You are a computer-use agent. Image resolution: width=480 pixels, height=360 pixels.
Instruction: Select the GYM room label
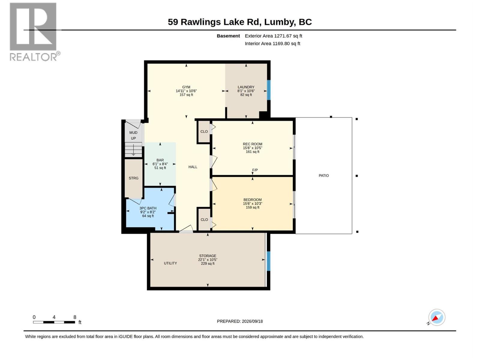(186, 87)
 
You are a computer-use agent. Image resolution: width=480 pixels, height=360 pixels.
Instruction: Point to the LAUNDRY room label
(246, 87)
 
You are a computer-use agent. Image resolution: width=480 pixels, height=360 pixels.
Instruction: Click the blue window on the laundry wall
(269, 90)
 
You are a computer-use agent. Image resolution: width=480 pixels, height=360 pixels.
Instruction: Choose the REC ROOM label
(253, 144)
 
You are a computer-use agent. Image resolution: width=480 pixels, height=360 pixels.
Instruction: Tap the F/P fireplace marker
(255, 170)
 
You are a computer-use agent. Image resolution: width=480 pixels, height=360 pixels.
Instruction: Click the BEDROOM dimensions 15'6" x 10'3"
(253, 203)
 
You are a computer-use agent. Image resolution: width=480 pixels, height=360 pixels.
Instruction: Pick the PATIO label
(324, 175)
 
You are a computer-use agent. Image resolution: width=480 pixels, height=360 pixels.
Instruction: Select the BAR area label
(160, 160)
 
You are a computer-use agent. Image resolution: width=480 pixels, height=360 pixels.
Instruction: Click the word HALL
(193, 167)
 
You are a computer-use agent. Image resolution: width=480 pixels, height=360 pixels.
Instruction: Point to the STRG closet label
(133, 178)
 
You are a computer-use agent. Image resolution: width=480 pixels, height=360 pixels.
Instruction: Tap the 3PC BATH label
(148, 208)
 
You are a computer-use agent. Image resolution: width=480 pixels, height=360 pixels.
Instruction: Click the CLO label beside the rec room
(204, 132)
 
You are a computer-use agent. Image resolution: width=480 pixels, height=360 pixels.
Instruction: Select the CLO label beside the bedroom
(204, 220)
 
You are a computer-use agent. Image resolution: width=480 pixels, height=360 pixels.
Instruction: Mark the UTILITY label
(170, 263)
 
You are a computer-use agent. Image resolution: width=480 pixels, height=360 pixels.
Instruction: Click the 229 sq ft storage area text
(208, 264)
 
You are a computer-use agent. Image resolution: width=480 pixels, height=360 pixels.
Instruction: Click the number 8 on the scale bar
(75, 317)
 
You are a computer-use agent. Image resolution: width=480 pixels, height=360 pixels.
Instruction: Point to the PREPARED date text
(240, 321)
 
